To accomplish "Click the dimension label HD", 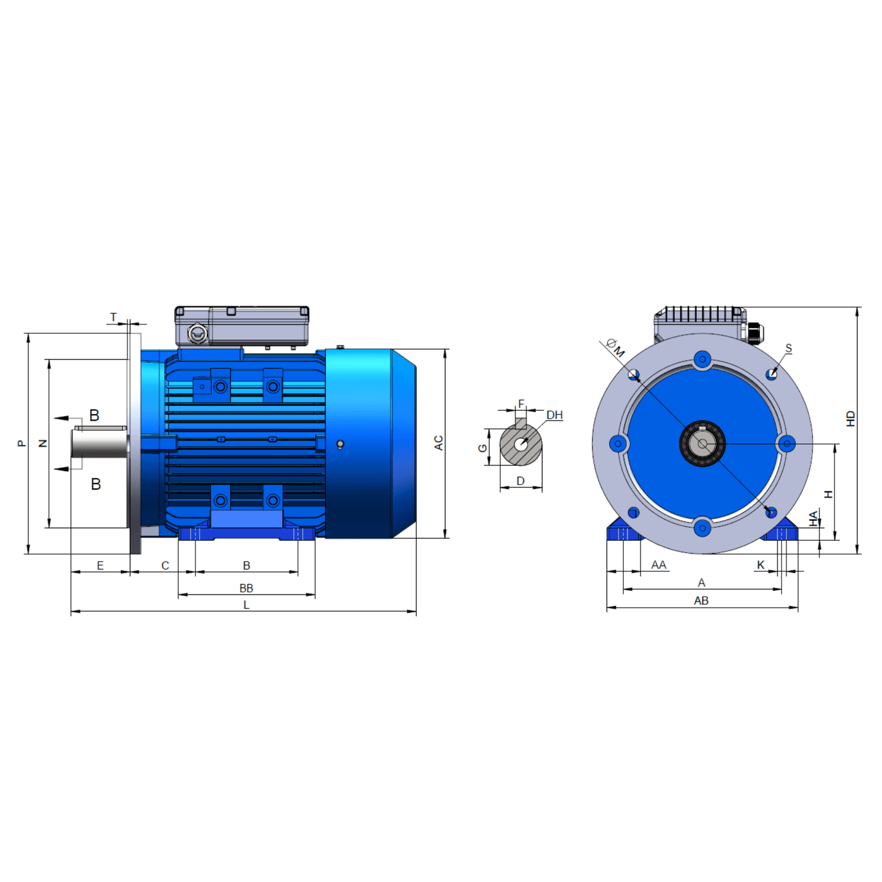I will point(850,419).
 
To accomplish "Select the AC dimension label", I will point(438,443).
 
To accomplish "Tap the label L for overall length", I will point(246,605).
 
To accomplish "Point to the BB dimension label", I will point(246,588).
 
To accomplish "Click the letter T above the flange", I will point(114,317).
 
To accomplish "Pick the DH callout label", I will point(554,415).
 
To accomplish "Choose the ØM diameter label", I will point(615,348).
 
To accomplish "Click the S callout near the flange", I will point(788,349).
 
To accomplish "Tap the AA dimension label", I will point(658,565).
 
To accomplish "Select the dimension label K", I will point(761,565).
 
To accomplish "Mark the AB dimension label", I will point(701,601).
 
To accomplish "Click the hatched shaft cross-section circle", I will point(521,444).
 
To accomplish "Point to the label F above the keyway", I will point(521,403).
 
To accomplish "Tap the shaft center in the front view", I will point(703,444).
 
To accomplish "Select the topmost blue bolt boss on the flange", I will point(703,360).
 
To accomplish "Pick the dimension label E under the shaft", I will point(100,566).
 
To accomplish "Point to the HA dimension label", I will point(814,518).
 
